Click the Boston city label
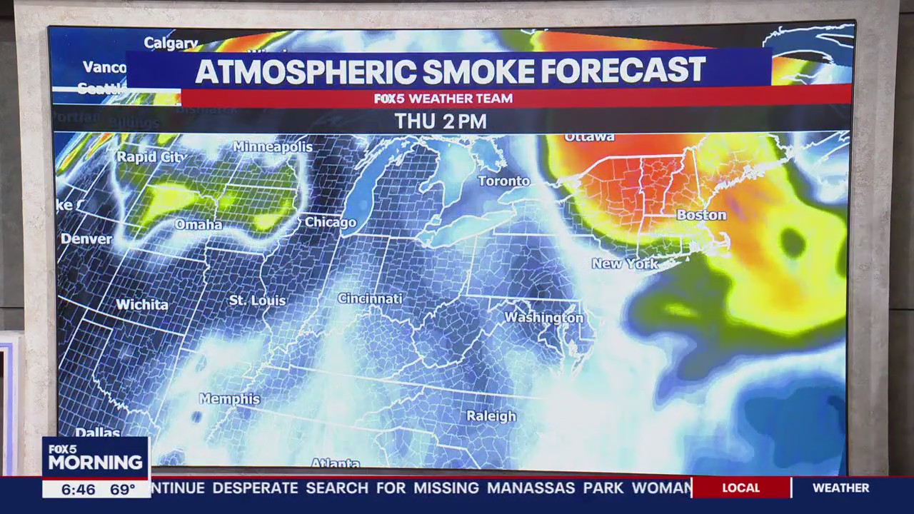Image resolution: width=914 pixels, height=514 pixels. pyautogui.click(x=701, y=215)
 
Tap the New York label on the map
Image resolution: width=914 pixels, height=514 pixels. pyautogui.click(x=625, y=264)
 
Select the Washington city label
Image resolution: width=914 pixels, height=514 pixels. pyautogui.click(x=544, y=317)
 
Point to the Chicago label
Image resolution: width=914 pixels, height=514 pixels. pyautogui.click(x=331, y=223)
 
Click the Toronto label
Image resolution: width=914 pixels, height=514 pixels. pyautogui.click(x=504, y=181)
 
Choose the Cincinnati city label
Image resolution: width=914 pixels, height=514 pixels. pyautogui.click(x=370, y=298)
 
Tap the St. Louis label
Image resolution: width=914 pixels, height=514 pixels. pyautogui.click(x=257, y=301)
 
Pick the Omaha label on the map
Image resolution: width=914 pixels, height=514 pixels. pyautogui.click(x=199, y=225)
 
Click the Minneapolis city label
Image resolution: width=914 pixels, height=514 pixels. pyautogui.click(x=273, y=147)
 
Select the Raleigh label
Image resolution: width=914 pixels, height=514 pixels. pyautogui.click(x=491, y=416)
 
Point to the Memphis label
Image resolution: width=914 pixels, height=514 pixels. pyautogui.click(x=230, y=399)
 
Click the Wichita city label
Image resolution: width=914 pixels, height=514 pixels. pyautogui.click(x=142, y=305)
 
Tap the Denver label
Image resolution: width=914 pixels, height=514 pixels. pyautogui.click(x=86, y=239)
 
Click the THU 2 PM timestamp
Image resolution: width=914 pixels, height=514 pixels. pyautogui.click(x=441, y=121)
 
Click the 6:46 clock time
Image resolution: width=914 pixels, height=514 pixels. pyautogui.click(x=78, y=490)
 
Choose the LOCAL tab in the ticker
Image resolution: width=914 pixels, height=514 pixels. pyautogui.click(x=740, y=488)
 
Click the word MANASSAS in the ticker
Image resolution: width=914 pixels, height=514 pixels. pyautogui.click(x=531, y=488)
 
